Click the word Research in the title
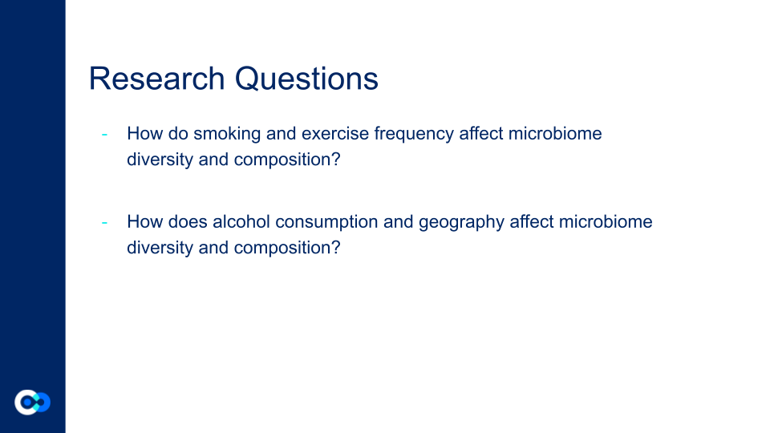coord(156,79)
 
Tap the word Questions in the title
coord(306,79)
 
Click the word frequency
coord(414,134)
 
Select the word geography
coord(461,222)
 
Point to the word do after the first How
coord(178,134)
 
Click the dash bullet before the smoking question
coord(104,134)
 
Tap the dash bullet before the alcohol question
coord(104,222)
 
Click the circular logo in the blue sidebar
coord(32,403)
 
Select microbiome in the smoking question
coord(555,134)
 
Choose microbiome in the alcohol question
coord(606,221)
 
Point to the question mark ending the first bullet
coord(336,159)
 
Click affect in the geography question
coord(531,221)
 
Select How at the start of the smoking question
coord(145,134)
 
